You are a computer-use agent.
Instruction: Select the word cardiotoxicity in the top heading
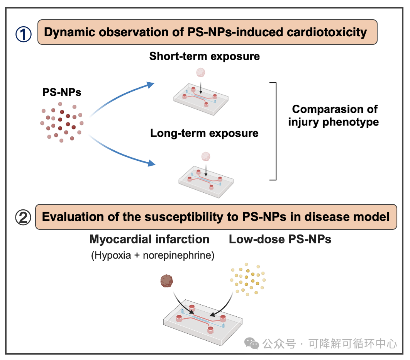click(x=326, y=32)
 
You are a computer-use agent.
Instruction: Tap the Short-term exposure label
click(x=205, y=56)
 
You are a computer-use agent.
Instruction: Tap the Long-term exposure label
click(x=204, y=134)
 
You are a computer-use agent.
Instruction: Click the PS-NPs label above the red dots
click(x=62, y=92)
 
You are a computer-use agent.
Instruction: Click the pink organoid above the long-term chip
click(x=207, y=156)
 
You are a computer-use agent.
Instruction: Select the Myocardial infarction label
click(x=149, y=239)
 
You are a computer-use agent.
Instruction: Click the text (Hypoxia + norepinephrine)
click(x=152, y=256)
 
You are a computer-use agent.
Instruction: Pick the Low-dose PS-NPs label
click(x=280, y=239)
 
